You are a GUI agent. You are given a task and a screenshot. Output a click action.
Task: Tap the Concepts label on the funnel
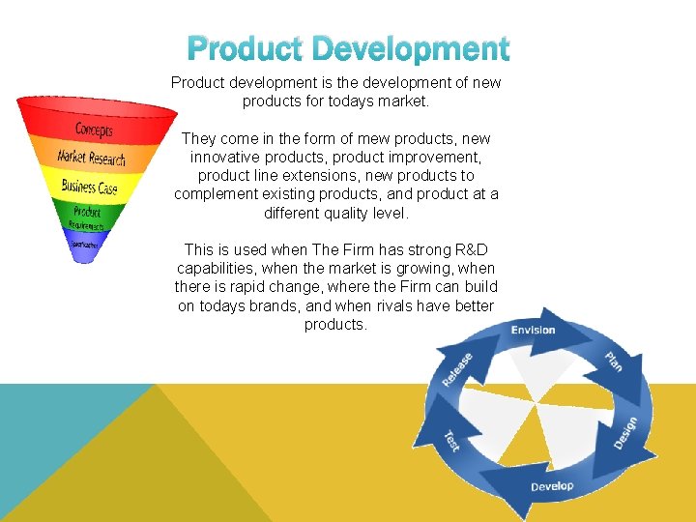94,130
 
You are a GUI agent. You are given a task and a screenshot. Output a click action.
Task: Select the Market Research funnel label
91,158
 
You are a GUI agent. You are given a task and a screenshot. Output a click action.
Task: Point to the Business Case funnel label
89,186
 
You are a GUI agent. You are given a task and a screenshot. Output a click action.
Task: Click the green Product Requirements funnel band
87,214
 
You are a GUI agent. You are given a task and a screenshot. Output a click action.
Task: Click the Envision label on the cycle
534,331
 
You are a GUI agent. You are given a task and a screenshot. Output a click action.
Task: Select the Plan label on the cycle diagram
613,362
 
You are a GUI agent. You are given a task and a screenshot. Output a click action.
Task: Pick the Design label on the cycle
625,432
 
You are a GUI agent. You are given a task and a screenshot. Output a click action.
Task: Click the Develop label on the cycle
552,485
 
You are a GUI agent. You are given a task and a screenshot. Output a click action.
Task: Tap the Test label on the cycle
451,441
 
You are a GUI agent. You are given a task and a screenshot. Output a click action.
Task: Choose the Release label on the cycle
457,370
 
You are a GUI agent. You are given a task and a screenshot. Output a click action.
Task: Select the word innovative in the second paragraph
226,158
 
